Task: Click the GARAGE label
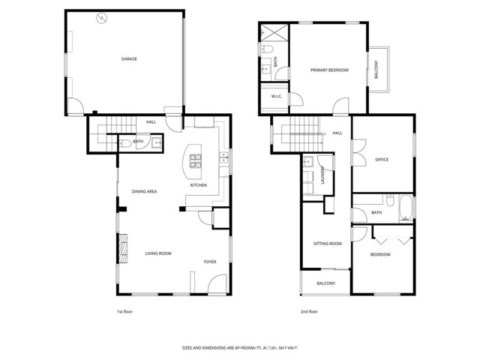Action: pos(130,58)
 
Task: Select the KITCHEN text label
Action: pos(198,185)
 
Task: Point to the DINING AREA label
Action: pos(144,192)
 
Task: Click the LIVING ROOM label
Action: pos(158,253)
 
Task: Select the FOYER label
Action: pos(210,262)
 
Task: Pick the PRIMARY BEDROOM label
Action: pos(330,70)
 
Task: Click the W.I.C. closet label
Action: pos(276,96)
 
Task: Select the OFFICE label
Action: pos(381,158)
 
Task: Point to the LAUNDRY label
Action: pos(322,174)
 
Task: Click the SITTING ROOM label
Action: pos(328,244)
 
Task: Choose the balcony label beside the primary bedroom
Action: pos(377,69)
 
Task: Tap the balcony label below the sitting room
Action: pos(325,283)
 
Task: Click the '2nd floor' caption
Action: pos(308,311)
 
